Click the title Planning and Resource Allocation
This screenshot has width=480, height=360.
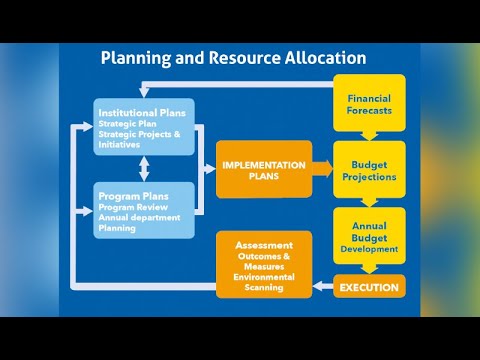tap(233, 58)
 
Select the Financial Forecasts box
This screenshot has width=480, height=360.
tap(369, 104)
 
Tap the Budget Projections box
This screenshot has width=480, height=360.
tap(369, 170)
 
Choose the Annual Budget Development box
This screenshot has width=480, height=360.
tap(369, 236)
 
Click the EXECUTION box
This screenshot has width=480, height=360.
tap(369, 288)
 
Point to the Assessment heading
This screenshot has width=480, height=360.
tap(264, 245)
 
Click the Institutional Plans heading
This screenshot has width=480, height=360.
tap(140, 113)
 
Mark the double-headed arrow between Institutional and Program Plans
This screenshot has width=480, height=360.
tap(146, 163)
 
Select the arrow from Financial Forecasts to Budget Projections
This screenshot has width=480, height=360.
tap(369, 135)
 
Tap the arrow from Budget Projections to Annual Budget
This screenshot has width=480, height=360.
tap(369, 201)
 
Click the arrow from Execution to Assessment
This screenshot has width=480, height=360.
tap(323, 288)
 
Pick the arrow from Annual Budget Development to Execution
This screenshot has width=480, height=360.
tap(369, 268)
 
